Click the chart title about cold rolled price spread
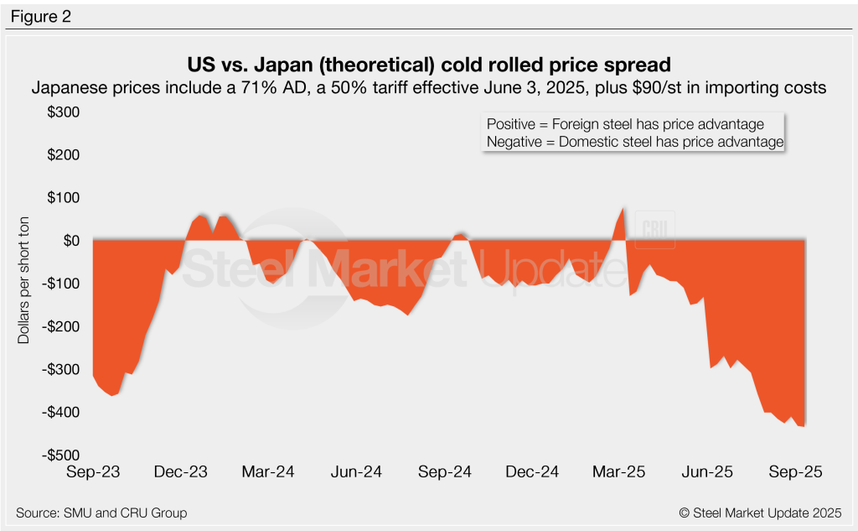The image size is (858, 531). (429, 65)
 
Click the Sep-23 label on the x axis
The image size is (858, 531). (93, 472)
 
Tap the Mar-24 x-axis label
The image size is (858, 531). (268, 472)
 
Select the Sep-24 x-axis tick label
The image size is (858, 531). (446, 472)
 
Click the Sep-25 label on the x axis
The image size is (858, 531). (796, 472)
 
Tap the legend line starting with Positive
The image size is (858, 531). (624, 124)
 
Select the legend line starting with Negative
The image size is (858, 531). (634, 143)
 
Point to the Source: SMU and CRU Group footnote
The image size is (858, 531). (101, 513)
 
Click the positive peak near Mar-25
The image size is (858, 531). (623, 210)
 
